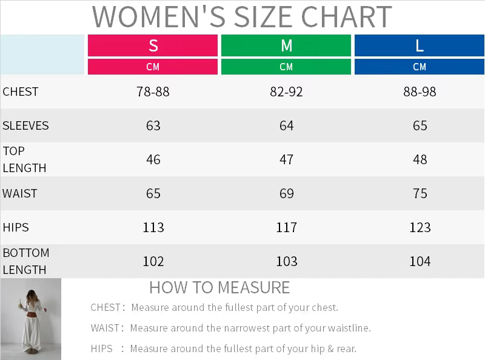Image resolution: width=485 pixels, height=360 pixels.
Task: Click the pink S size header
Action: click(x=153, y=45)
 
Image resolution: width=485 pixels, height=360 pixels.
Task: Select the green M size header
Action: click(x=286, y=45)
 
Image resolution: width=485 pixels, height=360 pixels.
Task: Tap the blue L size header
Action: click(x=420, y=45)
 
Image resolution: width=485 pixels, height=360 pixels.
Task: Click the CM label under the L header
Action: click(x=420, y=67)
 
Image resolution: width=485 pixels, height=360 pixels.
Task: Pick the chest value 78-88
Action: click(x=153, y=92)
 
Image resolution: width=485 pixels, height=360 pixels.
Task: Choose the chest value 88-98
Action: click(x=420, y=92)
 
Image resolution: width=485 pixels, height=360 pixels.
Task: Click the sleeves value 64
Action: click(x=286, y=126)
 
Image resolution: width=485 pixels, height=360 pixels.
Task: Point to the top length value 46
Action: click(x=153, y=160)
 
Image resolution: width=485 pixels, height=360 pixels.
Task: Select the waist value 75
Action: click(x=420, y=194)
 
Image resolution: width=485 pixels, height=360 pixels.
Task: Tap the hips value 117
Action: click(x=286, y=228)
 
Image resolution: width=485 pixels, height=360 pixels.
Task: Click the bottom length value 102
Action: click(x=153, y=262)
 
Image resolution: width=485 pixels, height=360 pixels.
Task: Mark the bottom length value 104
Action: click(x=420, y=262)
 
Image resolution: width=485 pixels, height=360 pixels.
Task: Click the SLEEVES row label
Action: click(x=25, y=126)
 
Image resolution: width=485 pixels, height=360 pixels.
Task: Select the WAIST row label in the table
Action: click(x=20, y=194)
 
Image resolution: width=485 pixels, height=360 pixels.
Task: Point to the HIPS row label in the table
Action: click(x=16, y=228)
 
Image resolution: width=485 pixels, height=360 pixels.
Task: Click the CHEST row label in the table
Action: click(x=21, y=92)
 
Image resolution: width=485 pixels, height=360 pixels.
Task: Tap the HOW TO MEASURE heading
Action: click(x=219, y=287)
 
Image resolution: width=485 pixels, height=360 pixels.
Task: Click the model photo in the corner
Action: click(x=31, y=319)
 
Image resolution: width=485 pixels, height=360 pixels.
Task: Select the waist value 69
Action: click(x=286, y=194)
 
